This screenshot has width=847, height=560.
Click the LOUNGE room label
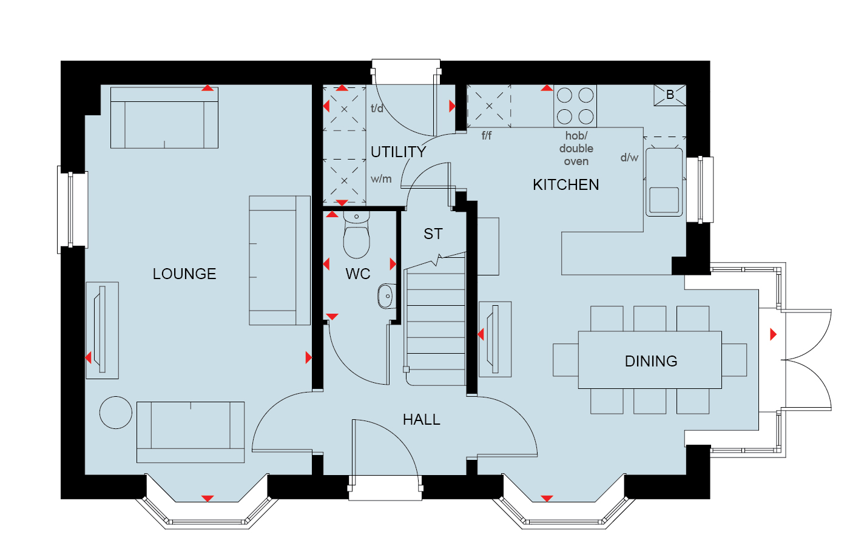point(184,274)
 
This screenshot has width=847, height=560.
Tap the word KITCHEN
point(565,185)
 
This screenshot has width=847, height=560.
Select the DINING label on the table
point(651,361)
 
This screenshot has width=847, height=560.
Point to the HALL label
point(422,419)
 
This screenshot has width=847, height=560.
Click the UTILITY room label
point(398,152)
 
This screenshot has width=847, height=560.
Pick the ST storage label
point(433,234)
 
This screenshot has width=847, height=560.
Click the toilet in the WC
point(356,234)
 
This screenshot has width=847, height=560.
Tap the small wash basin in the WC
point(386,296)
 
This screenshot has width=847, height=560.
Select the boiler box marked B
point(670,95)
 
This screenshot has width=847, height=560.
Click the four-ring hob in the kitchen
point(575,106)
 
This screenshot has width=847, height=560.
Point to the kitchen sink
point(664,182)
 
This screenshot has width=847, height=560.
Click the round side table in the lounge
point(116,413)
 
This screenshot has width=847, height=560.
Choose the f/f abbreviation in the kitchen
point(486,135)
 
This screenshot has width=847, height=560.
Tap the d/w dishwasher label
point(629,157)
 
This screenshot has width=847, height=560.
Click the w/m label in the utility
point(381,178)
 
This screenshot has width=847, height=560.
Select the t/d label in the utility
point(377,109)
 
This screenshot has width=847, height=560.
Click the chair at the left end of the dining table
point(565,360)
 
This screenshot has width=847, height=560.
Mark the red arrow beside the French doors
point(774,334)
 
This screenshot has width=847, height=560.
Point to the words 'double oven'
point(576,155)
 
